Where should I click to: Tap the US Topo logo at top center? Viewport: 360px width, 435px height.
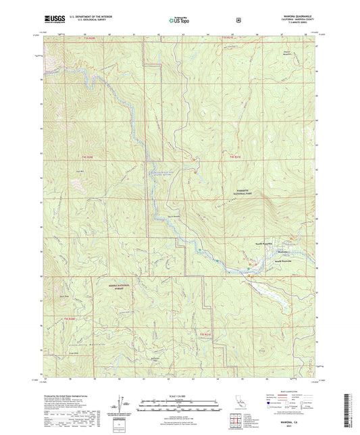178,20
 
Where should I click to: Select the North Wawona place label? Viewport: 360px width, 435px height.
263,243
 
